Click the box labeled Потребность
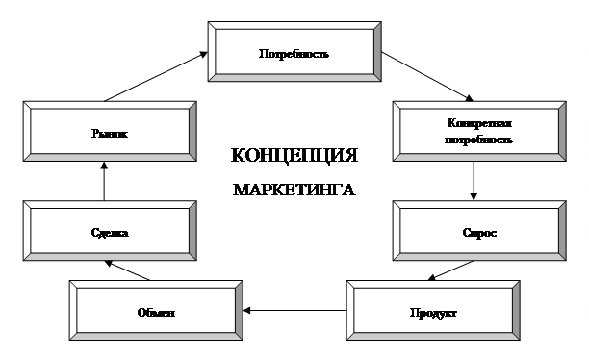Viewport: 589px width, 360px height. click(x=294, y=53)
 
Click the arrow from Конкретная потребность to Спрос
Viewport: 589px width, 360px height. click(x=473, y=179)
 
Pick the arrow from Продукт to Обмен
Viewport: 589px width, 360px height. click(x=293, y=311)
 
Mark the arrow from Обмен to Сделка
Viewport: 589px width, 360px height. click(x=129, y=270)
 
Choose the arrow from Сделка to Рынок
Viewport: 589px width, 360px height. click(x=106, y=181)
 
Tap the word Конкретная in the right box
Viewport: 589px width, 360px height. click(x=473, y=124)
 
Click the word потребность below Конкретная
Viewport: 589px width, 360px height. click(x=473, y=139)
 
